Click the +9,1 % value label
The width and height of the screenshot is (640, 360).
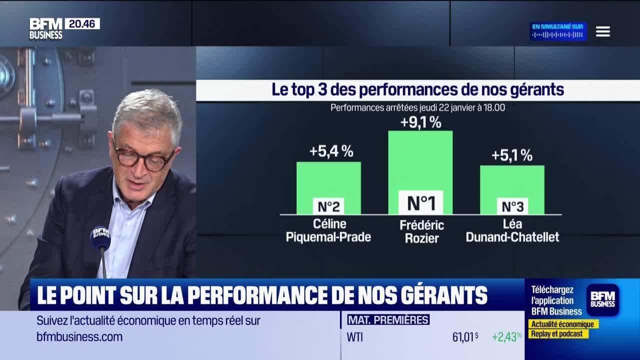[x=420, y=122]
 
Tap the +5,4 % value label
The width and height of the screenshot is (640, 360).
[x=331, y=151]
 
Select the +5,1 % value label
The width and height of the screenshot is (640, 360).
[x=511, y=155]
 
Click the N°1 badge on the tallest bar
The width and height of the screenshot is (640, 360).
[x=420, y=202]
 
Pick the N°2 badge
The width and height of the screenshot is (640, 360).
[x=328, y=206]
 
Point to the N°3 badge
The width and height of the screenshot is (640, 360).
[x=512, y=206]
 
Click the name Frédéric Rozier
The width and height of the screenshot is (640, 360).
[x=421, y=231]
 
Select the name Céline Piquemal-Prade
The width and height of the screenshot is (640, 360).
[x=328, y=230]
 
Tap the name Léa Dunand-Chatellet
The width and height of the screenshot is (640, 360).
[x=512, y=230]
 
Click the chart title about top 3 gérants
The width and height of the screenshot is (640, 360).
[x=417, y=90]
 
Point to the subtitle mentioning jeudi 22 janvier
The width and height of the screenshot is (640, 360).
[x=417, y=107]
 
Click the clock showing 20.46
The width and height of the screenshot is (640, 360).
[x=82, y=23]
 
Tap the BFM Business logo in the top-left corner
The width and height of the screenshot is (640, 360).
[x=45, y=28]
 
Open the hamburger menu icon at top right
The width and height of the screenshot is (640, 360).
[x=602, y=31]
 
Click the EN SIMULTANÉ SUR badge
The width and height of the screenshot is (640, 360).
[x=558, y=31]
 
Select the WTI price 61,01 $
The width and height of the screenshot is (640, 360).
[x=465, y=337]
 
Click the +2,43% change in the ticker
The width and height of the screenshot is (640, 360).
[x=506, y=337]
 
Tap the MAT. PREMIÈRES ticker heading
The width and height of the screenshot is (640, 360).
[x=388, y=320]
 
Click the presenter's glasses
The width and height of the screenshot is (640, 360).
[x=142, y=157]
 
